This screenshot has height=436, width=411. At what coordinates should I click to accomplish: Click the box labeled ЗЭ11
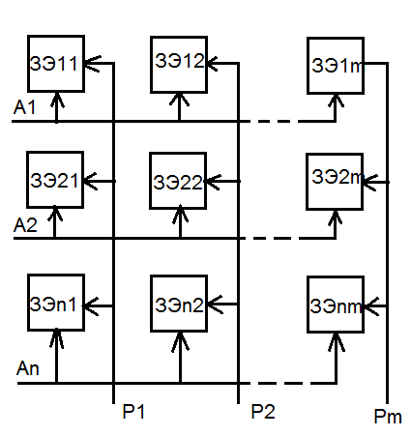(56, 64)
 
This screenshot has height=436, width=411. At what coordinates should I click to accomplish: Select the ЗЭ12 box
(179, 65)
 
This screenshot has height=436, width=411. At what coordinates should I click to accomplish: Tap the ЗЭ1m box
(336, 66)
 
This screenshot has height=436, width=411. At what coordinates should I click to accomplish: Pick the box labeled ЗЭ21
(55, 180)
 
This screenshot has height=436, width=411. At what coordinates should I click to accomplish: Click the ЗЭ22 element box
(178, 181)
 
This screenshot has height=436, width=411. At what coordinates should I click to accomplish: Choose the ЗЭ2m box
(335, 182)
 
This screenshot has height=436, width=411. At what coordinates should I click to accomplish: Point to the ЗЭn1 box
(56, 303)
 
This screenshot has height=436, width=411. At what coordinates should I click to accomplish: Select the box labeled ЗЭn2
(179, 304)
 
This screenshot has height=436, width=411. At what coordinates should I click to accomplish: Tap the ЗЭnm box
(336, 305)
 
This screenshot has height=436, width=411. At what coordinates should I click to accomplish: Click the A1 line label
(24, 107)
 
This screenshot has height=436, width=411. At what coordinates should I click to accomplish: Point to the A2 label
(25, 225)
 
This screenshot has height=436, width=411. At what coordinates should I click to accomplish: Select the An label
(28, 368)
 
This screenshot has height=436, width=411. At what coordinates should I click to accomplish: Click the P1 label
(133, 412)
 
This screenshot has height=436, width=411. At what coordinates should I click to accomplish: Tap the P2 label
(263, 412)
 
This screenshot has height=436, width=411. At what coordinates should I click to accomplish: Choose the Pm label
(388, 417)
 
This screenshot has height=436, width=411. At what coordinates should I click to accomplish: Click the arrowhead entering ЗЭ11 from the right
(93, 64)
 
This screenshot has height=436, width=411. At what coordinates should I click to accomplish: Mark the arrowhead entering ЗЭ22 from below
(180, 214)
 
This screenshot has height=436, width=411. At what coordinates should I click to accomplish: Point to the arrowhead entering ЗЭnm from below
(337, 342)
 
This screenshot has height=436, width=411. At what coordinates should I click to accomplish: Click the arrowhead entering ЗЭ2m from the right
(370, 183)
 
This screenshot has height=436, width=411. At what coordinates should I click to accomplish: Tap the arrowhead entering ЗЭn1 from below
(56, 338)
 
